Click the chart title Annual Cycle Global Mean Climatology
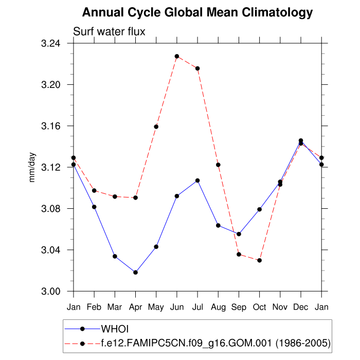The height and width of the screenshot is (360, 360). (x=197, y=12)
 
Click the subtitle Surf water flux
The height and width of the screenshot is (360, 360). (x=109, y=31)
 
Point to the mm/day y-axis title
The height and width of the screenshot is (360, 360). (x=32, y=167)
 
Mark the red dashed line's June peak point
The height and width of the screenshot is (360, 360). (x=177, y=56)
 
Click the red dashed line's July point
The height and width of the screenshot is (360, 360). (x=197, y=68)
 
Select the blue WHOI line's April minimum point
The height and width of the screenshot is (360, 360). (x=135, y=272)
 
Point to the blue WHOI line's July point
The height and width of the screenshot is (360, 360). (x=197, y=181)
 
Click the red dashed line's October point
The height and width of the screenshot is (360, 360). (x=260, y=260)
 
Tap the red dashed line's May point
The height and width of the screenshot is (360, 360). (x=156, y=127)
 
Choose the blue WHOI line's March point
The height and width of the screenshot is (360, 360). (x=115, y=256)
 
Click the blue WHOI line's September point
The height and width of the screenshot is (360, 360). (x=239, y=234)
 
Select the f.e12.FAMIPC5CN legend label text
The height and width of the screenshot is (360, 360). (x=215, y=342)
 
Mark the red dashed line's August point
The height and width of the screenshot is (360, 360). (x=218, y=165)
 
